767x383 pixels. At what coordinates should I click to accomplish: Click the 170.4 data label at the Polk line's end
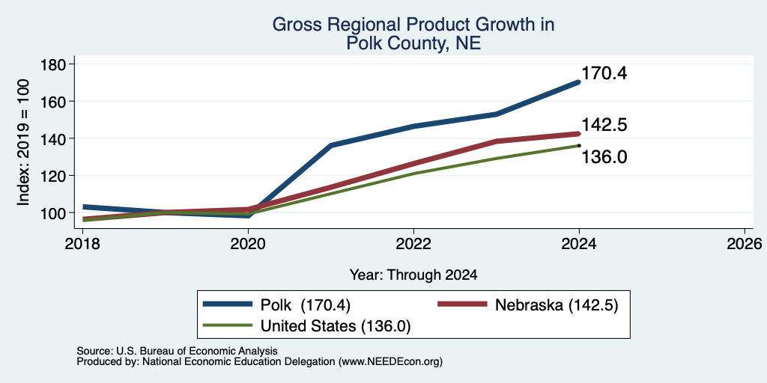(604, 74)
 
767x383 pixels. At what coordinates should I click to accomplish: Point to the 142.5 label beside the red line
(604, 125)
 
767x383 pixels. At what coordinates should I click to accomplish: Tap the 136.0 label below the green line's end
(604, 157)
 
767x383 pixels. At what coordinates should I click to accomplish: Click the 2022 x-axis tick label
(413, 243)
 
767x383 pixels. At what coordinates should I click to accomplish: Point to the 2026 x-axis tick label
(744, 243)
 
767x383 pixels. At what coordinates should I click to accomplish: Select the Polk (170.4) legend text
(306, 305)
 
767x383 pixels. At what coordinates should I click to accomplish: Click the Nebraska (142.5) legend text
(557, 305)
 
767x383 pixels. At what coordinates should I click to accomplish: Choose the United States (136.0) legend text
(336, 326)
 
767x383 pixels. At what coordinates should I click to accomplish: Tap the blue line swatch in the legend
(228, 304)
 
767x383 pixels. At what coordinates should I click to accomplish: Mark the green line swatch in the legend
(228, 325)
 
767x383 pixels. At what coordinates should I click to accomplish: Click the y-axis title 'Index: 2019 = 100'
(23, 142)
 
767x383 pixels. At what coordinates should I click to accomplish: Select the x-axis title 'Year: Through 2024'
(413, 275)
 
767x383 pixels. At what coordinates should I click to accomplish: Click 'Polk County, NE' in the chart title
(413, 43)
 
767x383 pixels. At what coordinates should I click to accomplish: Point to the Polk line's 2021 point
(331, 145)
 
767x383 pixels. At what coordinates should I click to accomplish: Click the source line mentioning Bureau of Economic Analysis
(177, 351)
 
